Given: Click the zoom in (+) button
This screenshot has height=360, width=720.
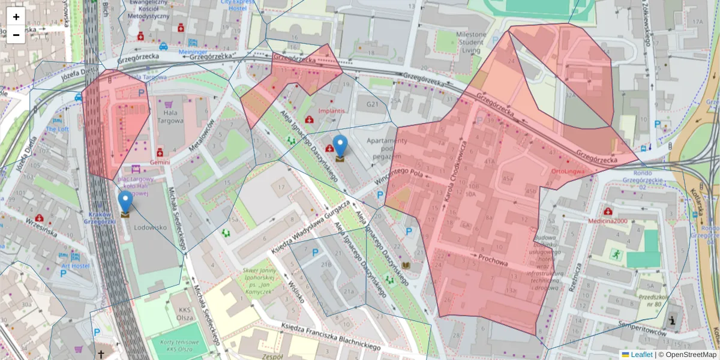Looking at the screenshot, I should [x=16, y=17].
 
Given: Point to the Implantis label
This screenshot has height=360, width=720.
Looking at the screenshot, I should [x=332, y=111].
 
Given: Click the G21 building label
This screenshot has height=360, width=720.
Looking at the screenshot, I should [x=373, y=104].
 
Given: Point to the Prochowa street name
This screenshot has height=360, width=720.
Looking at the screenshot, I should [x=493, y=259].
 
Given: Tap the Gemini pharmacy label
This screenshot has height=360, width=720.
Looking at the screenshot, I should [x=160, y=162].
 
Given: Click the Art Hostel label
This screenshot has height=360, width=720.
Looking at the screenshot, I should [x=74, y=266].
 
